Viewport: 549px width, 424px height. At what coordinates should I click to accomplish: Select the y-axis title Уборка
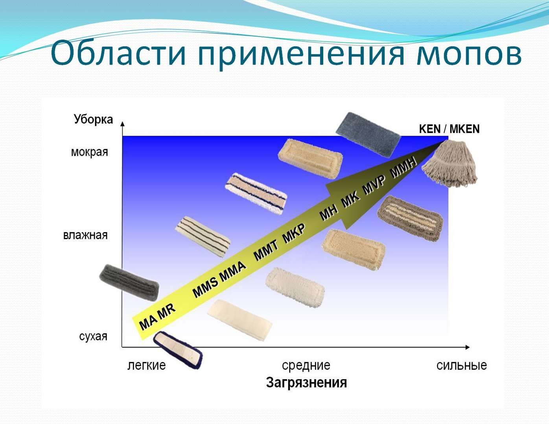click(94, 119)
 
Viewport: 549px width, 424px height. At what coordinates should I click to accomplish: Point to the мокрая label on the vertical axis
click(89, 152)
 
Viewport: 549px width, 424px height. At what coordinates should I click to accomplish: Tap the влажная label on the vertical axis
click(85, 235)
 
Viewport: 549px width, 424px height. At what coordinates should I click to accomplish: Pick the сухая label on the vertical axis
click(93, 336)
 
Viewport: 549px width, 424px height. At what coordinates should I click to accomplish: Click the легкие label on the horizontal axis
click(147, 365)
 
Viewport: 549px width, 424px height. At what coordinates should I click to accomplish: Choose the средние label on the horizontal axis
click(306, 365)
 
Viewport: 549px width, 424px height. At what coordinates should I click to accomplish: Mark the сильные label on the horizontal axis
click(462, 365)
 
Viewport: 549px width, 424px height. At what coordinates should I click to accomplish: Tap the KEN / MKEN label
click(449, 129)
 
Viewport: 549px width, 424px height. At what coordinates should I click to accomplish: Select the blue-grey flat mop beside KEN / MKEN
click(368, 134)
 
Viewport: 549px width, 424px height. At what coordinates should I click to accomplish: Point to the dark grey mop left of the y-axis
click(129, 282)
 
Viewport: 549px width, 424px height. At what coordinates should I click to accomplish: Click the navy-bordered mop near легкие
click(178, 350)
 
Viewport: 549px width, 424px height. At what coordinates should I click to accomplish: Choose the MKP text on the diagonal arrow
click(294, 233)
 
